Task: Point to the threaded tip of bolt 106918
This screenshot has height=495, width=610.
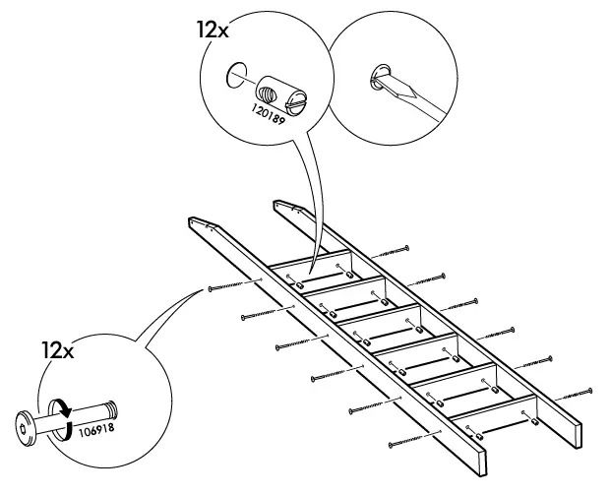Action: click(x=112, y=404)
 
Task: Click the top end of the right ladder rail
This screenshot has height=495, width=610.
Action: click(x=284, y=208)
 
